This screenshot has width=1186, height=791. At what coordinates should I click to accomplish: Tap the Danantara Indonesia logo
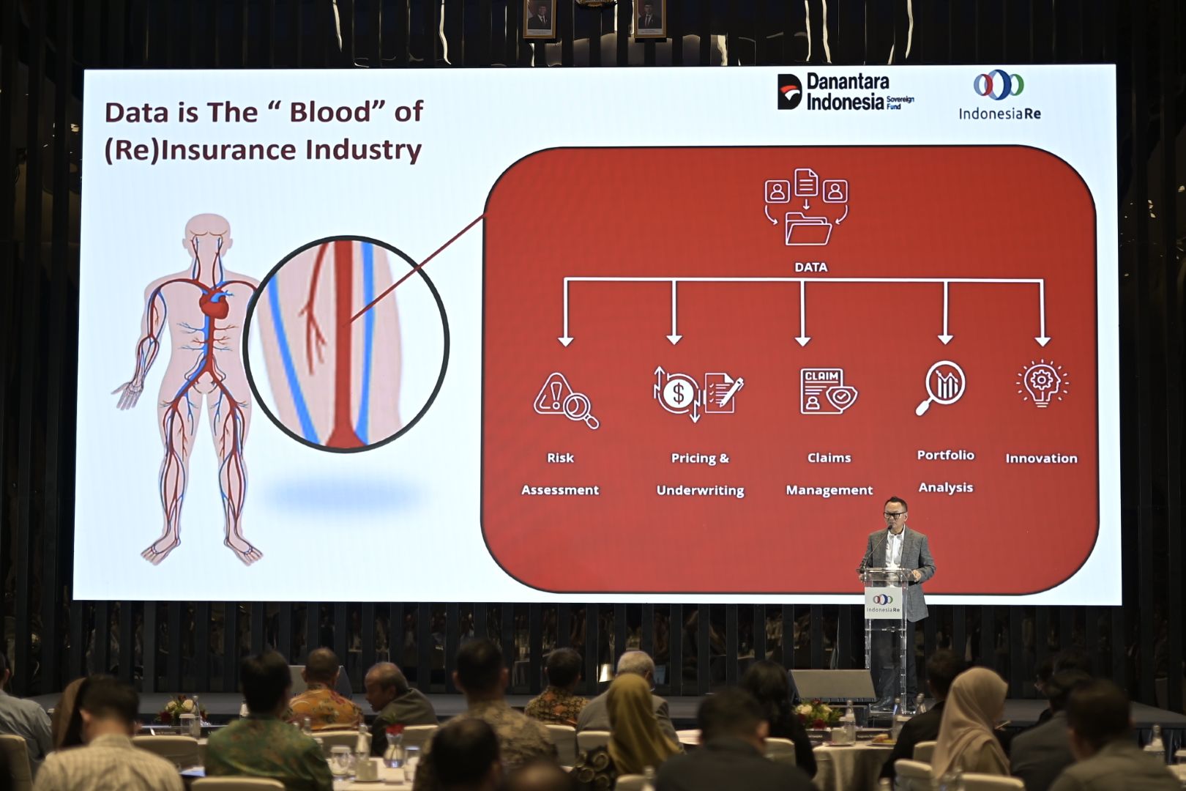(x=846, y=92)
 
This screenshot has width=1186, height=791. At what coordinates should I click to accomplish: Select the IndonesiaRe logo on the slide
(x=999, y=94)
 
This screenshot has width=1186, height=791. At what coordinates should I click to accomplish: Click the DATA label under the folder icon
(x=810, y=267)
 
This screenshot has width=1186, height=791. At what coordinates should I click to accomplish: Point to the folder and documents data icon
(x=806, y=207)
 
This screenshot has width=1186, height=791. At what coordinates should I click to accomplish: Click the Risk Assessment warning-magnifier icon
(x=566, y=401)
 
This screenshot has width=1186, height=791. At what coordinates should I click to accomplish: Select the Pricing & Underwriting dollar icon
(x=698, y=393)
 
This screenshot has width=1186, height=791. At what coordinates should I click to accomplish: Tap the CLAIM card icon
(x=828, y=391)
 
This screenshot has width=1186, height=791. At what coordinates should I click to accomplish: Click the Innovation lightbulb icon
(x=1042, y=384)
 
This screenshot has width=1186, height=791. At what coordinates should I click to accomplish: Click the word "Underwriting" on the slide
(x=700, y=491)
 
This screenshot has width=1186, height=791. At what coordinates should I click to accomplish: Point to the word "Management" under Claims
(x=829, y=490)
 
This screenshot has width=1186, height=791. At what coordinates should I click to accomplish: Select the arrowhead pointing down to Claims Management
(x=802, y=340)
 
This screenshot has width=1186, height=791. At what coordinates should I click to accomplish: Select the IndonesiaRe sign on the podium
(x=883, y=603)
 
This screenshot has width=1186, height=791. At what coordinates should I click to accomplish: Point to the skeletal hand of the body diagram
(x=127, y=395)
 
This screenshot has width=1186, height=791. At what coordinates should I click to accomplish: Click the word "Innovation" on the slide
(x=1042, y=458)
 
